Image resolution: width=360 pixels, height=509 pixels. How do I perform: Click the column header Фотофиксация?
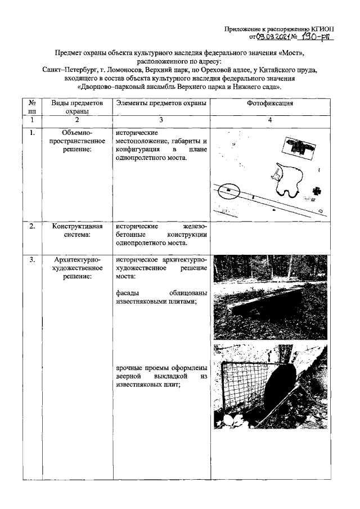pyautogui.click(x=269, y=104)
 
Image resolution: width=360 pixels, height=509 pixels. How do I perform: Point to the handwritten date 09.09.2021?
pyautogui.click(x=272, y=37)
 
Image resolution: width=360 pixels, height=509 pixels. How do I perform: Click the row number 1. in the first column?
pyautogui.click(x=33, y=133)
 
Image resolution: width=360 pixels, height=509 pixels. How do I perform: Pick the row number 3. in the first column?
pyautogui.click(x=33, y=260)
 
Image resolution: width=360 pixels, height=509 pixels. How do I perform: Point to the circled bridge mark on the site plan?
pyautogui.click(x=228, y=191)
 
